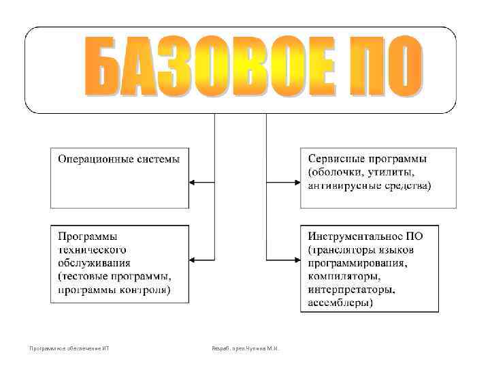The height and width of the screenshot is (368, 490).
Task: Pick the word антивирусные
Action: click(x=341, y=185)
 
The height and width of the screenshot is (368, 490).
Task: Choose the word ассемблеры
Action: click(x=340, y=302)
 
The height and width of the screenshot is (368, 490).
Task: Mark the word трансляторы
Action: click(x=352, y=249)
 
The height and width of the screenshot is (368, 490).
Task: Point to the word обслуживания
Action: click(x=95, y=262)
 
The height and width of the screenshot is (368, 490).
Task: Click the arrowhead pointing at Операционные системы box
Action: click(x=193, y=182)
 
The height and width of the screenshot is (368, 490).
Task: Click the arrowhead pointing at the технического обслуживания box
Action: click(x=193, y=260)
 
